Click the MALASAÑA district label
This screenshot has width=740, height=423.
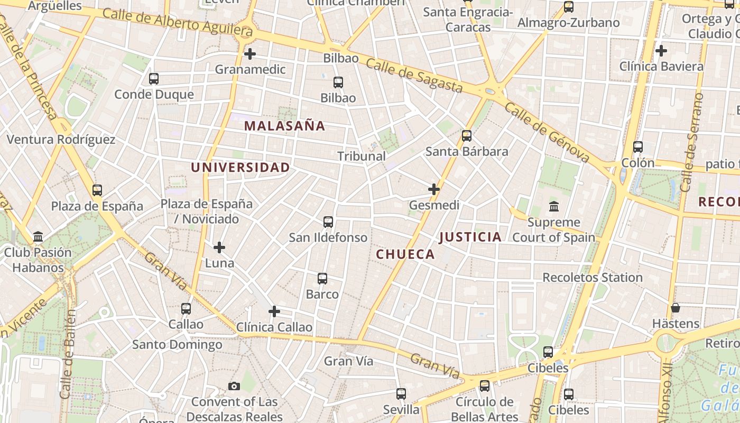[284, 126]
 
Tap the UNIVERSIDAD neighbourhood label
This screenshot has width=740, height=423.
[240, 168]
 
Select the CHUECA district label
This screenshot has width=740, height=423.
[405, 254]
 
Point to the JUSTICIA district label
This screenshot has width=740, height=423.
[470, 237]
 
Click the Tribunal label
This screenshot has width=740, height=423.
[362, 156]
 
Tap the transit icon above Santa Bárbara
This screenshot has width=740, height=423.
[467, 136]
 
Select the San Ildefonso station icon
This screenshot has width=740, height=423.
[328, 222]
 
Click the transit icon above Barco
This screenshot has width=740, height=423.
[322, 279]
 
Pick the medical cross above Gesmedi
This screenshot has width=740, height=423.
[434, 189]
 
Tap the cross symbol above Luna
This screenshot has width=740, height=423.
[219, 247]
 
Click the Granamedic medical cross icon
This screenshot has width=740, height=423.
[250, 54]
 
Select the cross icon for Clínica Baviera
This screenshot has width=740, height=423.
[661, 51]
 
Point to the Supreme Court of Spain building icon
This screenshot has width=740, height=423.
[554, 206]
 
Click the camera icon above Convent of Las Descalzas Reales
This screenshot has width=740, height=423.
[234, 387]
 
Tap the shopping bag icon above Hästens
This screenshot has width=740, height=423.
[675, 308]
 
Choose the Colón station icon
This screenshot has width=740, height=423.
[638, 148]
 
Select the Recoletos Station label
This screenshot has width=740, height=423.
[593, 277]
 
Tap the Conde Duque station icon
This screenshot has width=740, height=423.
[154, 79]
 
